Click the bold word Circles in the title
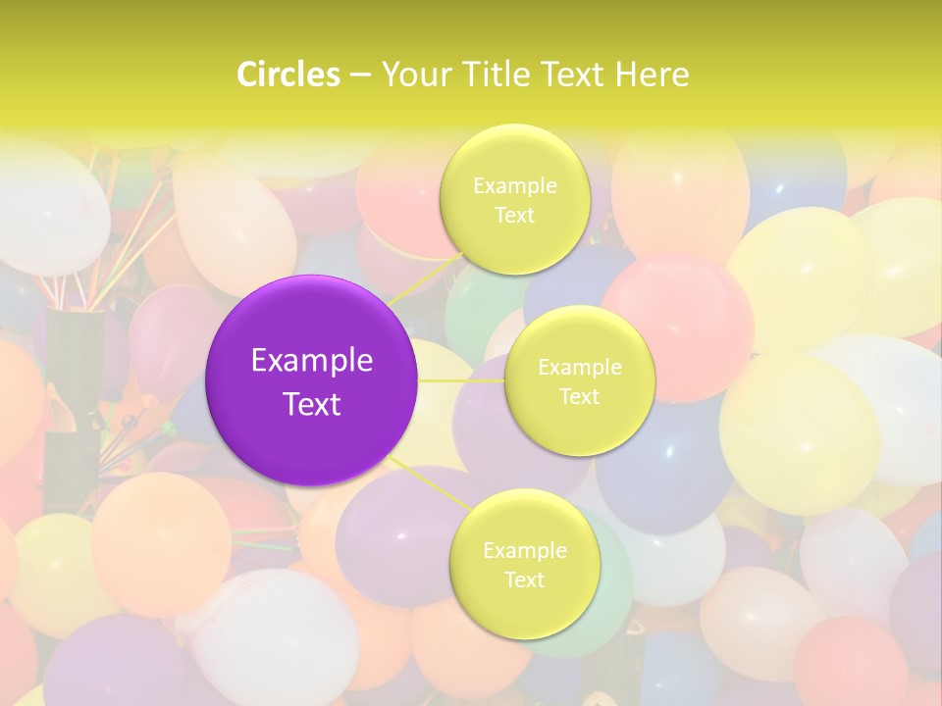coord(288,75)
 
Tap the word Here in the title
coord(653,75)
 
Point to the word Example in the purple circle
coord(312,361)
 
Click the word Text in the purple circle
coord(312,404)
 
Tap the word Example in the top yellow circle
coord(514,186)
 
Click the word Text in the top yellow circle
coord(514,216)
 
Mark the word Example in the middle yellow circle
coord(579,368)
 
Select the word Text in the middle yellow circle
coord(579,397)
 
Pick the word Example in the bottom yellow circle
coord(524,551)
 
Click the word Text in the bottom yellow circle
coord(524,580)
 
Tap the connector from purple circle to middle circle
coord(461,379)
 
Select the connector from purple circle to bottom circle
coord(429,483)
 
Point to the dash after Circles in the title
coord(359,76)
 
